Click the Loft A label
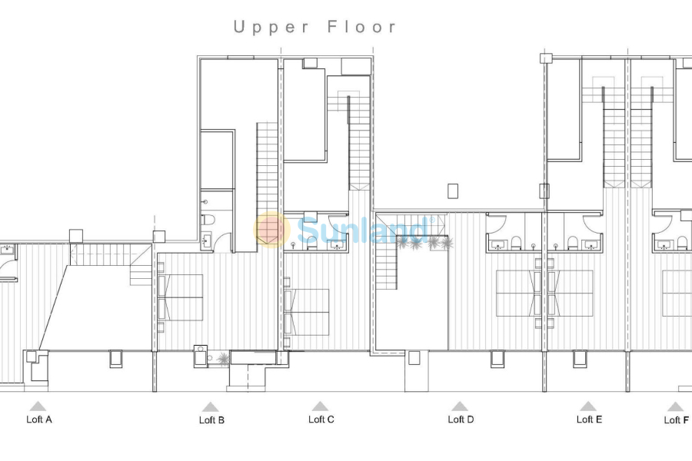pos(39,420)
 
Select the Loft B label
pos(211,420)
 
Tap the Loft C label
pos(321,420)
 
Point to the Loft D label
pos(461,420)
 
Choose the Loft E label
pos(589,420)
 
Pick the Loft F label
pos(676,420)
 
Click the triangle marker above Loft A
pos(37,406)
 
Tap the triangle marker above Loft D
pos(460,406)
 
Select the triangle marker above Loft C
pos(320,406)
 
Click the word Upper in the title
pos(271,28)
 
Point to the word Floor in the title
pos(362,28)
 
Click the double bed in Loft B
pos(181,297)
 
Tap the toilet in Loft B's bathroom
pos(206,221)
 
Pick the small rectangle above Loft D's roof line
pos(453,191)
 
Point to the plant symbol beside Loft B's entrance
pos(222,359)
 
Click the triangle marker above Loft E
pos(588,406)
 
